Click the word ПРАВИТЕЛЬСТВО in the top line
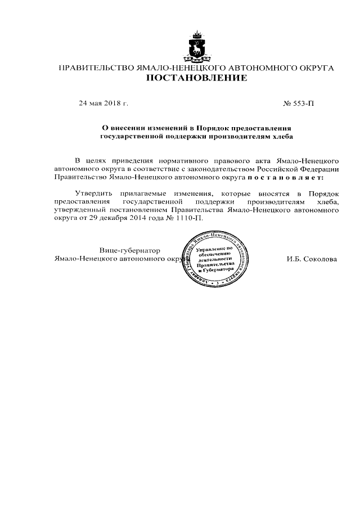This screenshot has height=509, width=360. [x=93, y=68]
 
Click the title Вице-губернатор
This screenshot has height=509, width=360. [x=130, y=250]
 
